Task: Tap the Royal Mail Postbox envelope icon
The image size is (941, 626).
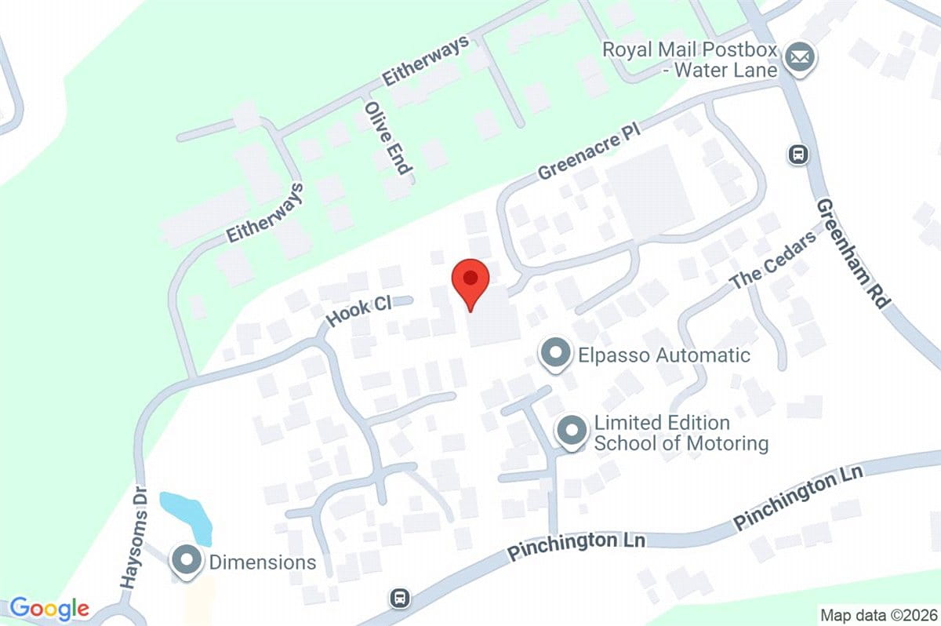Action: (800, 58)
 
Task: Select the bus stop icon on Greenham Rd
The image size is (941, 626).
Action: (798, 154)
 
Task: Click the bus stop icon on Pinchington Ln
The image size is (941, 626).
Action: (400, 599)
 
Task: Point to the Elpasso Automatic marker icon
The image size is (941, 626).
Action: (556, 355)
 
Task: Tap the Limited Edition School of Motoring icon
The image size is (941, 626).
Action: (572, 431)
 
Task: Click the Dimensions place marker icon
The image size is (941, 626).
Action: (187, 562)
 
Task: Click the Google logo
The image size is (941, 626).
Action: (49, 609)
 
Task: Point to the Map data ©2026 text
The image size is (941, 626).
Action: (877, 614)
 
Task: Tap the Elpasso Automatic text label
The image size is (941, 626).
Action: (664, 355)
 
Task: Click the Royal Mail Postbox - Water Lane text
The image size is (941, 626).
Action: (689, 60)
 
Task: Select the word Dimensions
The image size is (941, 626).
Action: (262, 562)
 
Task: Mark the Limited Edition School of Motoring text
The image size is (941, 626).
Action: (681, 433)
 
